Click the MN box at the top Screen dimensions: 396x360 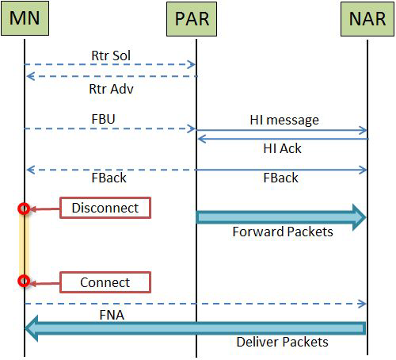click(x=25, y=18)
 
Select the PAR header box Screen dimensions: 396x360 click(x=192, y=19)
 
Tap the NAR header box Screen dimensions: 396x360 click(x=367, y=19)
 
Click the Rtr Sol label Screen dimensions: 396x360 click(x=111, y=56)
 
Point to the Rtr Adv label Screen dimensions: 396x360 click(x=111, y=89)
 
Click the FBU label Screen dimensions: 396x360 click(x=103, y=119)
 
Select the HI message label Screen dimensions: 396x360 click(x=284, y=121)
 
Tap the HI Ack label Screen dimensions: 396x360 click(x=282, y=148)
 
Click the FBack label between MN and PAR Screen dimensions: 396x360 click(x=109, y=178)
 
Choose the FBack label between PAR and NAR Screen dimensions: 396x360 click(x=280, y=178)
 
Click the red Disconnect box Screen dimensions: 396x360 click(x=105, y=208)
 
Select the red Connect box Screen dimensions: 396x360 click(x=105, y=282)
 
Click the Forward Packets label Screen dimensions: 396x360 click(x=283, y=232)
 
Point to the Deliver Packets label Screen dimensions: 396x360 click(x=282, y=342)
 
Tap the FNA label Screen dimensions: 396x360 click(x=112, y=315)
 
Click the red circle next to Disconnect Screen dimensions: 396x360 click(x=24, y=209)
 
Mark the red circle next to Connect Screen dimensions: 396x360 click(x=24, y=281)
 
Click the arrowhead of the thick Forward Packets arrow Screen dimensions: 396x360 click(x=359, y=217)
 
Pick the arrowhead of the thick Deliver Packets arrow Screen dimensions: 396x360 click(x=32, y=328)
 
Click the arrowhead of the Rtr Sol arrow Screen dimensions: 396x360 click(x=191, y=64)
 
